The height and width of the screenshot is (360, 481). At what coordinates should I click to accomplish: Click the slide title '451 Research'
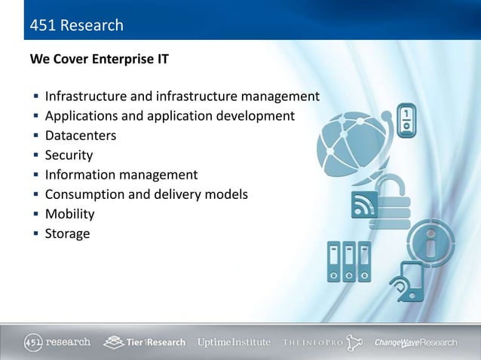(76, 26)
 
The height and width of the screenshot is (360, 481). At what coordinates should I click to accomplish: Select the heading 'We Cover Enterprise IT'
(99, 59)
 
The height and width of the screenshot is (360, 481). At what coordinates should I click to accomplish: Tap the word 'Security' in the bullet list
(69, 155)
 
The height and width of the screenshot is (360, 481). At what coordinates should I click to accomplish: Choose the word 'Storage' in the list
(67, 233)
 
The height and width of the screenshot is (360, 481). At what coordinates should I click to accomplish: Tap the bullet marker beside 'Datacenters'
(35, 136)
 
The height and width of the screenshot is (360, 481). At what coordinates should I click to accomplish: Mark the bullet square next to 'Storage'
(35, 234)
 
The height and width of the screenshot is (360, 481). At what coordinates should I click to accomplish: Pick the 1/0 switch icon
(406, 121)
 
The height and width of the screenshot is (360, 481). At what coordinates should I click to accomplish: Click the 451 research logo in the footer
(57, 341)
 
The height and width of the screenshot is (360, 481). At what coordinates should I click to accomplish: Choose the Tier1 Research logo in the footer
(145, 341)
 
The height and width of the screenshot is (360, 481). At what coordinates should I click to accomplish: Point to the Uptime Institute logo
(234, 342)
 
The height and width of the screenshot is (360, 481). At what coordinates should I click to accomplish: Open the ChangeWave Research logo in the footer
(415, 342)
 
